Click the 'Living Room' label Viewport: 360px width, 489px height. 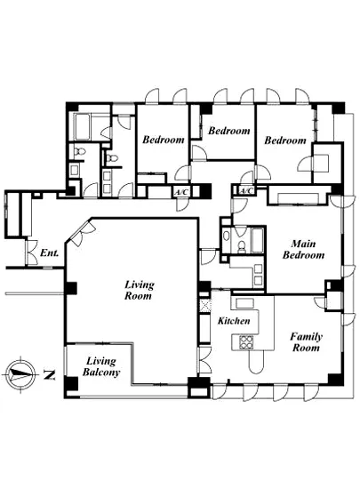click(x=139, y=290)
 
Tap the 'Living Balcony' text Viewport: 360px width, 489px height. click(x=101, y=366)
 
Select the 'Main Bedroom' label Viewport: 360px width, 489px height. click(x=303, y=250)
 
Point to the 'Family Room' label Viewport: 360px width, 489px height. click(x=306, y=342)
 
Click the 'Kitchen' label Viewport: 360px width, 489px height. click(x=234, y=321)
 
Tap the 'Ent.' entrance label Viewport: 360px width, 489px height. click(x=50, y=253)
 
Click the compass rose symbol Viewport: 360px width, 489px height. click(x=20, y=373)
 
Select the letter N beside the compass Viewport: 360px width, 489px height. click(x=49, y=374)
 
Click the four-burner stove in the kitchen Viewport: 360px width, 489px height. click(x=246, y=342)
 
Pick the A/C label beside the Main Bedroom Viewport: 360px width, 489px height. click(x=246, y=190)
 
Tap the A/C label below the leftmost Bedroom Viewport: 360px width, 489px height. click(x=181, y=192)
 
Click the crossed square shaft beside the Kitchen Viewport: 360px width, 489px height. click(x=205, y=306)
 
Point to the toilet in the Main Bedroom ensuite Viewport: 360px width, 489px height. click(x=241, y=247)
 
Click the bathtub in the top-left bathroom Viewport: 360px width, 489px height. click(x=83, y=127)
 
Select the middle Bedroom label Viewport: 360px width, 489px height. click(x=229, y=131)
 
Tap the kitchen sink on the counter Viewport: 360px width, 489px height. click(x=244, y=303)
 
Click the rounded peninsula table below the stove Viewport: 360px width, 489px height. click(x=257, y=361)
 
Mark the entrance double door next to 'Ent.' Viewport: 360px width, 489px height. click(x=32, y=253)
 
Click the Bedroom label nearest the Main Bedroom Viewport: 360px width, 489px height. click(x=285, y=140)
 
